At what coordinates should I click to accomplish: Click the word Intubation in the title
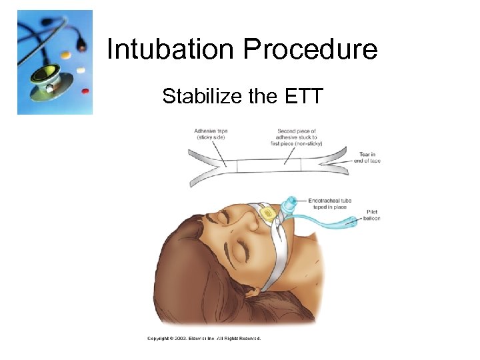click(171, 49)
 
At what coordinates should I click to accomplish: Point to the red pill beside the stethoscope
click(85, 89)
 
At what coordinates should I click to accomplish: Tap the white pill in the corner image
click(81, 70)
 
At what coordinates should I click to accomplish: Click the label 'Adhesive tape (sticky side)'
click(211, 134)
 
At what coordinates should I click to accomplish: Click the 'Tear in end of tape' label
click(369, 157)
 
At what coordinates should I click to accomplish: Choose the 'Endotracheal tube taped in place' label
click(329, 203)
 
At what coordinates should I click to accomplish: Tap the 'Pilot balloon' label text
click(371, 215)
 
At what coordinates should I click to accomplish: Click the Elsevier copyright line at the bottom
click(203, 338)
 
